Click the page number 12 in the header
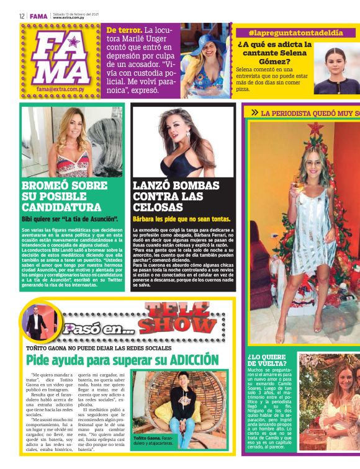22,16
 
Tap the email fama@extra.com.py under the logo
61,89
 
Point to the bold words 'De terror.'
124,30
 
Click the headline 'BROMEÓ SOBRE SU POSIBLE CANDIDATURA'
64,196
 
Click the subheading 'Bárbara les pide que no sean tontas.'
181,219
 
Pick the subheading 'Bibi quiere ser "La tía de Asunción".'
70,219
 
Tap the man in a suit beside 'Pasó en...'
35,323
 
